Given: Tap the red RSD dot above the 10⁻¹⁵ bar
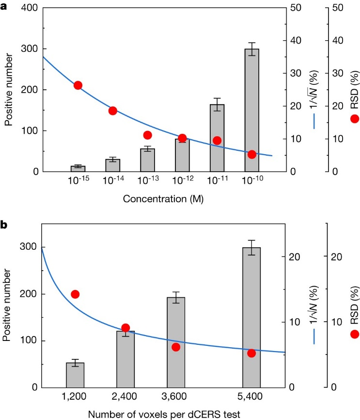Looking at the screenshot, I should [78, 85].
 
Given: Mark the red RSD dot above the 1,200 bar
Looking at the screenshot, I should [75, 294].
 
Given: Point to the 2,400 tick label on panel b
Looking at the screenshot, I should [125, 397].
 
